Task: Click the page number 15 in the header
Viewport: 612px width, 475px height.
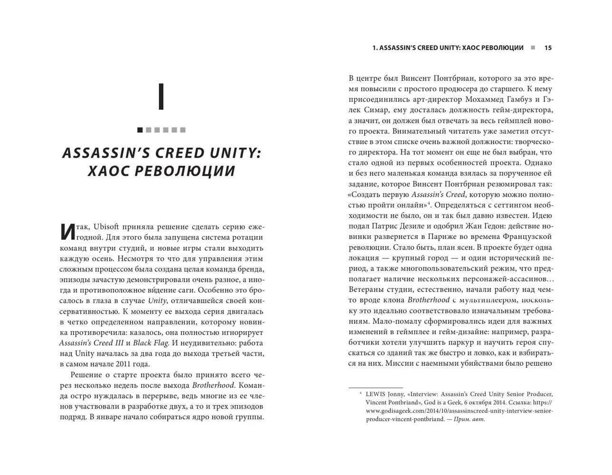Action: [548, 47]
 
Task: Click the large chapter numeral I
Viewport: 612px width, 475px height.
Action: [161, 97]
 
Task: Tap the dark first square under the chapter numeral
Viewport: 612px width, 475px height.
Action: [140, 130]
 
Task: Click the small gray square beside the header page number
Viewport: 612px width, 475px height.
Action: [533, 47]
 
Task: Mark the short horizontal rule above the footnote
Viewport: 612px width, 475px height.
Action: [375, 388]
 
